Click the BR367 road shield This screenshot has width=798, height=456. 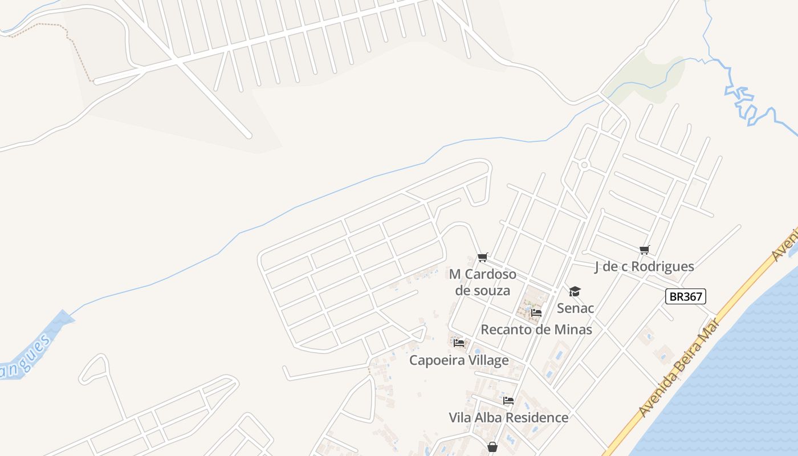[x=686, y=296]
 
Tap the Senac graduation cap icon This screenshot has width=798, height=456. [x=575, y=292]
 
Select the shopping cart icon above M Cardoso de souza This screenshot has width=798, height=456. [x=483, y=258]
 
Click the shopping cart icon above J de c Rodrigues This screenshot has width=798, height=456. [x=645, y=250]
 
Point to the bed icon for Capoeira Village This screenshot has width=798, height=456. [x=459, y=343]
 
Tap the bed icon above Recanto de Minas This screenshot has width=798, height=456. [x=536, y=313]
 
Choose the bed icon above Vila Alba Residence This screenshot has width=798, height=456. [x=508, y=401]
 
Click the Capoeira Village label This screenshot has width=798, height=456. [x=459, y=360]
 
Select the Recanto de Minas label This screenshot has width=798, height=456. [x=536, y=329]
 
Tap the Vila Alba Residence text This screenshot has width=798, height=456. [x=508, y=417]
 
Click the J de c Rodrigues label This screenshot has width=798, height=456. [x=644, y=266]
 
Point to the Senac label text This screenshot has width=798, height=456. [x=576, y=308]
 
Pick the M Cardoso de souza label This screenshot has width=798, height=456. [x=483, y=282]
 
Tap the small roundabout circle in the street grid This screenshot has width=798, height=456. [x=584, y=165]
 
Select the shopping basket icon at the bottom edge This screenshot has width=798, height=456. [x=492, y=447]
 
